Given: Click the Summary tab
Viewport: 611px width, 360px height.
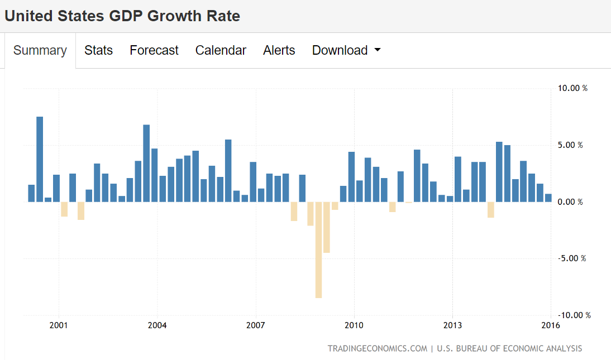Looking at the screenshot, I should coord(40,50).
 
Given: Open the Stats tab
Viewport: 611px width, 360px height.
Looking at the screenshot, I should coord(98,50).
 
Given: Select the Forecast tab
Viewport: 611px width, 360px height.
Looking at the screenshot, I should coord(154,50).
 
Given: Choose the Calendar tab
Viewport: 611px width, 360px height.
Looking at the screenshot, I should coord(221,50).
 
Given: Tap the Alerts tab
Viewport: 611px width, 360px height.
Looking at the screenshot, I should coord(279,50).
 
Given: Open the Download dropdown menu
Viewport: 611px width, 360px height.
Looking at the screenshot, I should coord(346,50).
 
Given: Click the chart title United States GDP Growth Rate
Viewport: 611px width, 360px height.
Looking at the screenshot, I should coord(122,16).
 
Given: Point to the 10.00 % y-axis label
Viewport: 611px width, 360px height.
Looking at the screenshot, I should coord(572,88).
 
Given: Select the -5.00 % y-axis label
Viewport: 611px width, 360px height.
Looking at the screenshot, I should coord(571,258).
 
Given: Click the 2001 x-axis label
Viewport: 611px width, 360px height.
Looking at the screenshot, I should coord(58,325).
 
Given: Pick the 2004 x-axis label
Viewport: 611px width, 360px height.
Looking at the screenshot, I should coord(157,325).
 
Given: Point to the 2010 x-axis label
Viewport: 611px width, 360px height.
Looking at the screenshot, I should coord(354,325).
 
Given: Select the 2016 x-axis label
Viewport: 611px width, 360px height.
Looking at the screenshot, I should coord(551,325).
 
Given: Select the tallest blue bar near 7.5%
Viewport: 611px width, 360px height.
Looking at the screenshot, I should coord(40,159).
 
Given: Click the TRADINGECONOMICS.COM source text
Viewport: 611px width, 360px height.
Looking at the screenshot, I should coord(378,348).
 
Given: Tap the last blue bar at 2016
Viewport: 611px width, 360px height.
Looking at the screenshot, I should coord(548,198).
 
